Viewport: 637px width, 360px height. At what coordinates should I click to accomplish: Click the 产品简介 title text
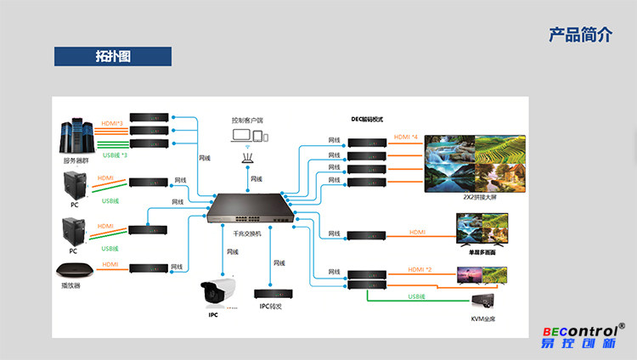pos(580,35)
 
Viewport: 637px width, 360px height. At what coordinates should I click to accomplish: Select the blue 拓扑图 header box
pos(113,57)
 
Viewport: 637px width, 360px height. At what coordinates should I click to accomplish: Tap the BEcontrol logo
pos(585,336)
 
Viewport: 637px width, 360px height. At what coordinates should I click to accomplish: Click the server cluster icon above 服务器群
pos(76,136)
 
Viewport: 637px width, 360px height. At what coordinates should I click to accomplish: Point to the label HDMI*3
pos(112,125)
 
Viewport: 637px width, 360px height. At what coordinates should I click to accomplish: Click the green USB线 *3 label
pos(115,155)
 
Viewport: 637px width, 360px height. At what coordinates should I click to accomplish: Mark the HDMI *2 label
pos(420,269)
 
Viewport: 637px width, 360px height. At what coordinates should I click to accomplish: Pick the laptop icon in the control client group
pos(240,136)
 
